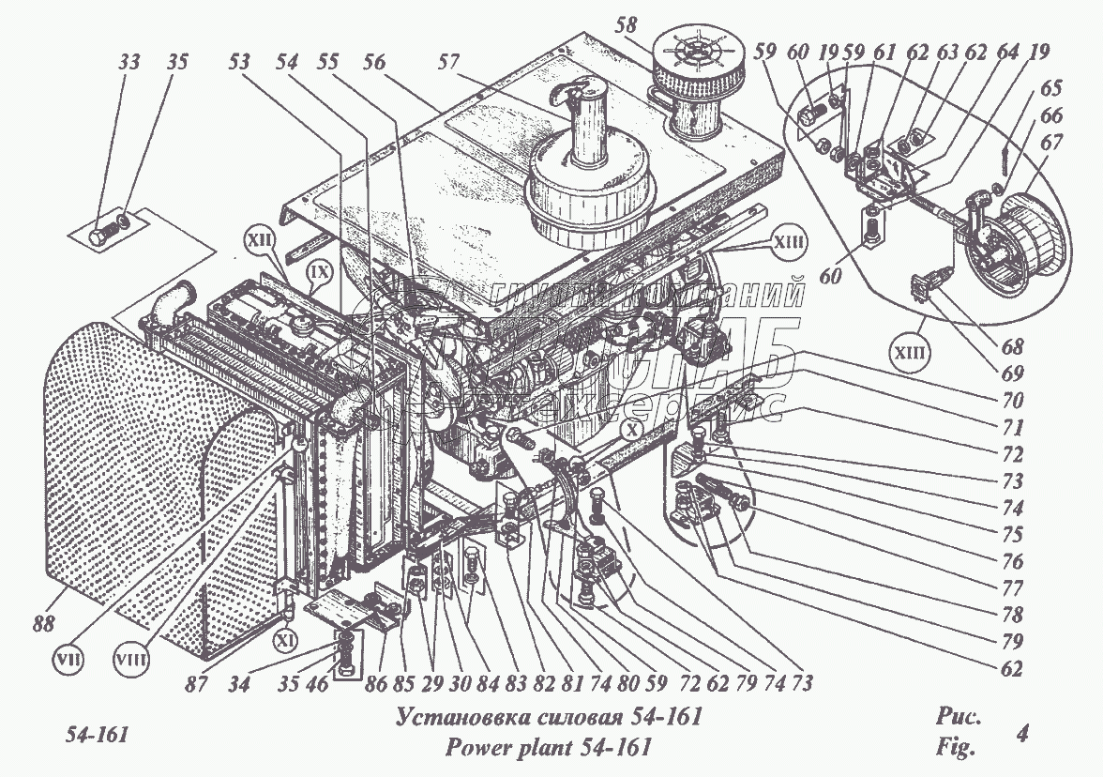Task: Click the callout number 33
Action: point(129,63)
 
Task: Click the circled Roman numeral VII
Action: point(68,659)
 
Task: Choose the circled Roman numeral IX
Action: point(319,275)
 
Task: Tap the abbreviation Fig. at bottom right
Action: point(956,749)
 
